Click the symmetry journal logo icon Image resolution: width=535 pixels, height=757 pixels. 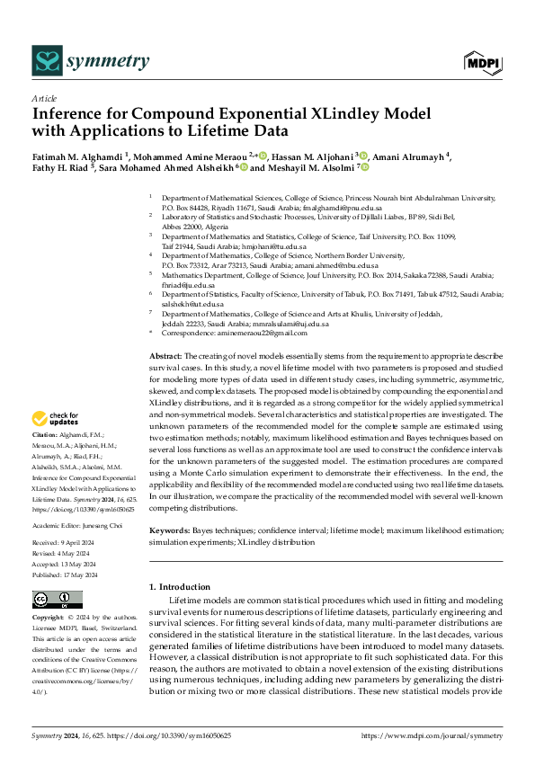coord(46,61)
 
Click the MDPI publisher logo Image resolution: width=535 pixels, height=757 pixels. coord(483,61)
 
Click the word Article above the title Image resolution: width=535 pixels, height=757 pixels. coord(44,98)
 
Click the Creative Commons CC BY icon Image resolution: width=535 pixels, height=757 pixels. coord(57,600)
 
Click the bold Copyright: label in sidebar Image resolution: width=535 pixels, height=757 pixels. coord(49,619)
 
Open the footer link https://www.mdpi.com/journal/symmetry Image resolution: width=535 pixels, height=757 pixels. coord(432,735)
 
